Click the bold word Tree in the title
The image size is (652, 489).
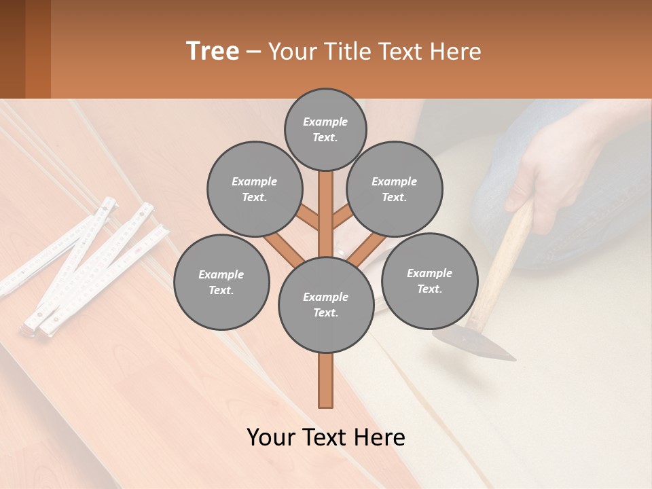coord(213,51)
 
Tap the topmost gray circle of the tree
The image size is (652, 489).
coord(325,129)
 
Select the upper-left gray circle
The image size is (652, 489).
coord(255,189)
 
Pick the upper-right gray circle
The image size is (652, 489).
coord(395,189)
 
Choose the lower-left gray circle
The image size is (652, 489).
coord(221,282)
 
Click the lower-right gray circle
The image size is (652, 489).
coord(429,280)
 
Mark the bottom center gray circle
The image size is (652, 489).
coord(326,304)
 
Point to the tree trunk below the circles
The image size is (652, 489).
coord(326,380)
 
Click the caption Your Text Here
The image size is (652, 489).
coord(326,437)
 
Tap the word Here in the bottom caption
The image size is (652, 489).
coord(379,437)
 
